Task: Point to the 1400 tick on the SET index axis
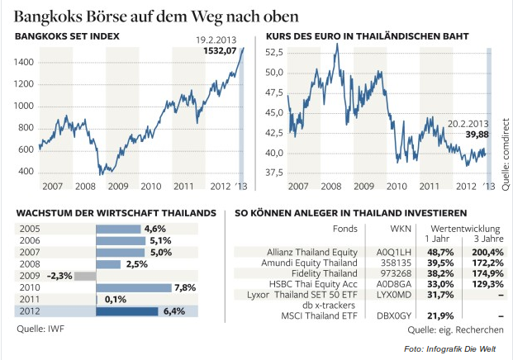pyautogui.click(x=25, y=62)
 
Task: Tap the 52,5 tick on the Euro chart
pyautogui.click(x=273, y=52)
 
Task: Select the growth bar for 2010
pyautogui.click(x=133, y=287)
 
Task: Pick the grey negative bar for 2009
pyautogui.click(x=85, y=276)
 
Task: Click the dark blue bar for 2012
pyautogui.click(x=126, y=311)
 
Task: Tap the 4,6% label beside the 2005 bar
pyautogui.click(x=155, y=229)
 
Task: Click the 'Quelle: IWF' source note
pyautogui.click(x=41, y=329)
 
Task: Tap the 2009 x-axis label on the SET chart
pyautogui.click(x=118, y=186)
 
